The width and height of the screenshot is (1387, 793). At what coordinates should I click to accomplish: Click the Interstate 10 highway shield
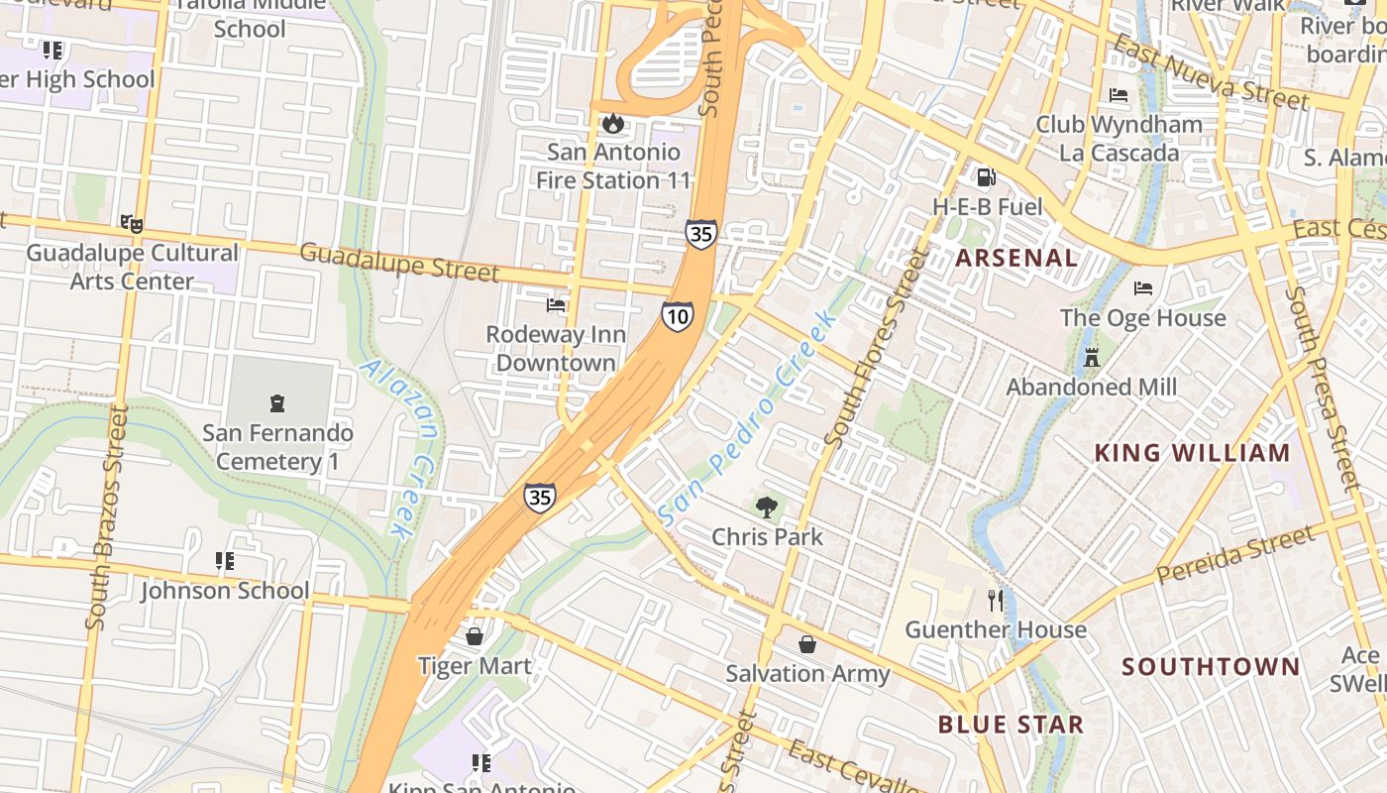(678, 316)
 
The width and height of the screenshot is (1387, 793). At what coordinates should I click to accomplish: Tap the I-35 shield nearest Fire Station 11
(700, 234)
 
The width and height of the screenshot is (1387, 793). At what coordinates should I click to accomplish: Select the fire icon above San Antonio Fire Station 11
(613, 124)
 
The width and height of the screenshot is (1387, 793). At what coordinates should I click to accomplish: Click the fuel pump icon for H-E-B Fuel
(986, 178)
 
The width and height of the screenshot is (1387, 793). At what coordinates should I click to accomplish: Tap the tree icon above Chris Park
(766, 509)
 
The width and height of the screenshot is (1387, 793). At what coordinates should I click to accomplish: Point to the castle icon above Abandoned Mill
(1092, 358)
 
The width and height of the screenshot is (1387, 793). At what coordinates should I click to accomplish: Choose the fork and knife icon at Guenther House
(996, 601)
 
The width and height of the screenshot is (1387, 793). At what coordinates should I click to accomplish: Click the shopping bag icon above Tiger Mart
(475, 636)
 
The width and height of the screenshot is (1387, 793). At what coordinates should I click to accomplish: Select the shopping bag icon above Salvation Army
(807, 645)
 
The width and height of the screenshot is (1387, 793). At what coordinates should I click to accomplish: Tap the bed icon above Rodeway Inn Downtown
(556, 305)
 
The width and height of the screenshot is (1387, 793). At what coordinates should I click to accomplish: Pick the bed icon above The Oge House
(1143, 289)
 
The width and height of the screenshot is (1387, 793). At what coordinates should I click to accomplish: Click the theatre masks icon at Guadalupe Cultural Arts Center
(131, 224)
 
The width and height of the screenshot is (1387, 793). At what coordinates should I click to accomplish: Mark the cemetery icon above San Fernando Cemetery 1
(277, 403)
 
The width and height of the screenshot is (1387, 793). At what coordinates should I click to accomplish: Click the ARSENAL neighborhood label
(1016, 259)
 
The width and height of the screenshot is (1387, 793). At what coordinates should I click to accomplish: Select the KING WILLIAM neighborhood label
(1192, 453)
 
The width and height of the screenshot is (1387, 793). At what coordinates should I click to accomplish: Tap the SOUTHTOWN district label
(1211, 666)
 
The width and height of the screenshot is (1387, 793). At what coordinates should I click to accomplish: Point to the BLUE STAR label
(1011, 725)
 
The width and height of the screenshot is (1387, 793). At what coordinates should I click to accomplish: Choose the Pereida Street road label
(1235, 555)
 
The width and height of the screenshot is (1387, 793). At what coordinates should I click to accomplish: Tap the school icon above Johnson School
(225, 562)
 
